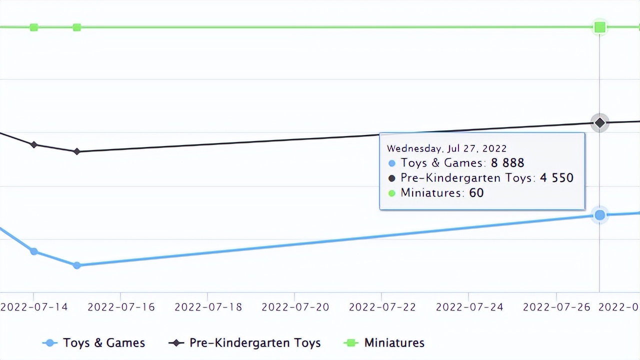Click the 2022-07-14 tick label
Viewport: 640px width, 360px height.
coord(34,307)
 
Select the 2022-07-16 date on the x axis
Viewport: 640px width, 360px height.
coord(121,307)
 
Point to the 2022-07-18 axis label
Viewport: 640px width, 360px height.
coord(208,307)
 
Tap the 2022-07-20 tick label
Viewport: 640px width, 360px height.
coord(295,307)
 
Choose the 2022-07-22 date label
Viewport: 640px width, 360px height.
coord(382,307)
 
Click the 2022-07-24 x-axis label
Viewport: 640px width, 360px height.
coord(469,307)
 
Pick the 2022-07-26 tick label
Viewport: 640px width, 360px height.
coord(556,307)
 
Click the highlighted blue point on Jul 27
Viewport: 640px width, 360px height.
coord(599,215)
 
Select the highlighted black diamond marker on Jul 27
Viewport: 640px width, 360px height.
coord(599,122)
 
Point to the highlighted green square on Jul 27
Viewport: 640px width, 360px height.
coord(599,27)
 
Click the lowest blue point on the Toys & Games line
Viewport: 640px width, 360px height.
coord(76,265)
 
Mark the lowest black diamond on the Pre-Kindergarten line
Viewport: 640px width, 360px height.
coord(76,151)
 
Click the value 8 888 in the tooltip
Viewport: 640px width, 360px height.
coord(507,163)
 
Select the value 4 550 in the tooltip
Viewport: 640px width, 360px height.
coord(556,178)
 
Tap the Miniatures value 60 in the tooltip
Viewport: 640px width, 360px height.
coord(476,193)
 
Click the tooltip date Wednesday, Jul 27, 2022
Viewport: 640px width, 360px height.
coord(446,148)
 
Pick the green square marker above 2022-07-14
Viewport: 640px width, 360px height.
coord(33,27)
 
